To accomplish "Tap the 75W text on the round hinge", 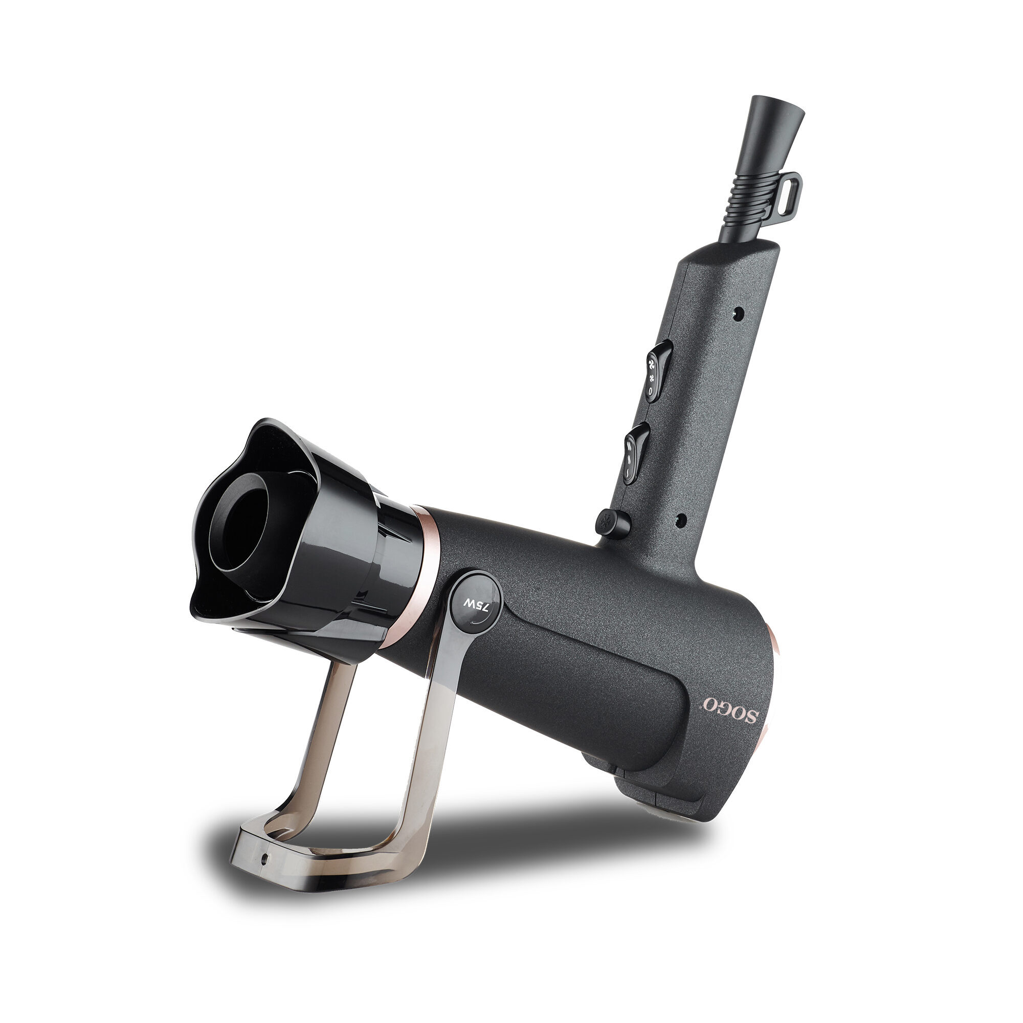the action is point(476,606).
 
